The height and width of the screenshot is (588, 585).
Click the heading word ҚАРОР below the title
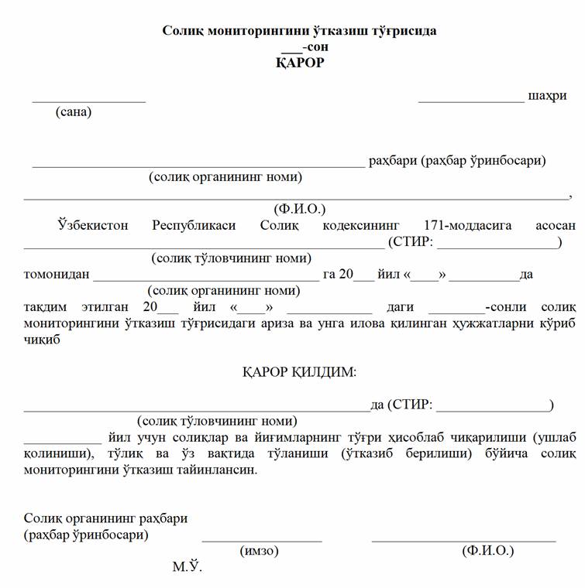(x=300, y=63)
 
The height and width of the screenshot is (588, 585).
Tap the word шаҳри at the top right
(x=546, y=96)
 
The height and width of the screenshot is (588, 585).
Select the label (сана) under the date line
(x=74, y=112)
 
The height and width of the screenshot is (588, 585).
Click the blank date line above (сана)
(x=88, y=100)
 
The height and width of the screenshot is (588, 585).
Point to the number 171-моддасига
(x=468, y=225)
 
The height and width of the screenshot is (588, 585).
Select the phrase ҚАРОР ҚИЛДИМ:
(x=300, y=372)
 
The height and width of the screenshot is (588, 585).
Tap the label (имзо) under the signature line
(x=260, y=551)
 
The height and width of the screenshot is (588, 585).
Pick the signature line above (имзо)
(x=262, y=540)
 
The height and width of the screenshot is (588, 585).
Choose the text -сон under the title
(x=315, y=46)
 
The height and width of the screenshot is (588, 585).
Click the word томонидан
(x=57, y=275)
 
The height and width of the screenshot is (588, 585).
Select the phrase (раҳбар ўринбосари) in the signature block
(x=87, y=534)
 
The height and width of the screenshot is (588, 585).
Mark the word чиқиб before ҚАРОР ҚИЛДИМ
(x=42, y=339)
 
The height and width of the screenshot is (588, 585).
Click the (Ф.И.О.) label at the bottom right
(x=487, y=551)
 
